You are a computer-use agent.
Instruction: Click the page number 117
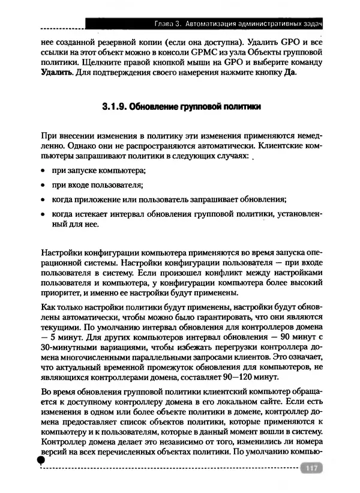click(311, 469)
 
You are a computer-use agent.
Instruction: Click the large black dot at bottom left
click(40, 460)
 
